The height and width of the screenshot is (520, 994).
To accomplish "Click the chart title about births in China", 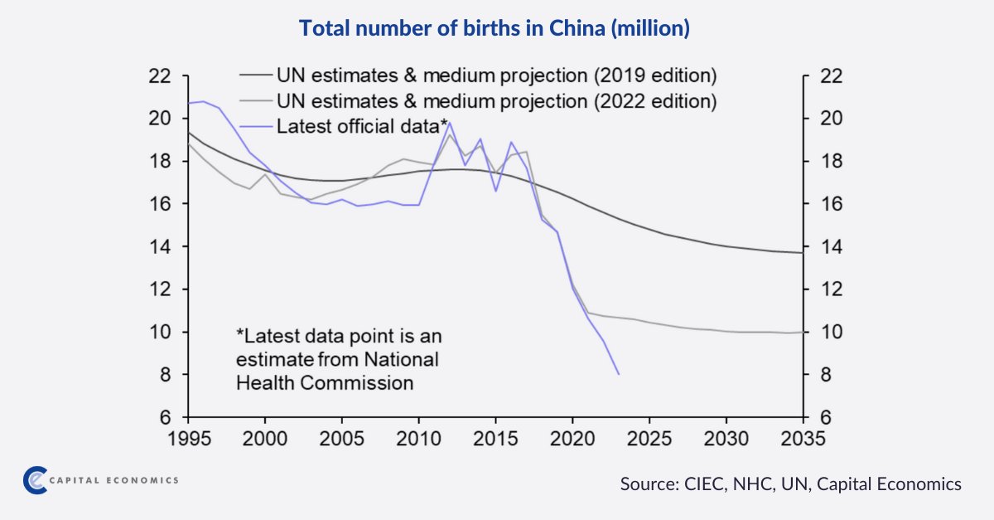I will [495, 29].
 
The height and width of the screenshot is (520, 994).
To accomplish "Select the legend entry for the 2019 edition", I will [496, 76].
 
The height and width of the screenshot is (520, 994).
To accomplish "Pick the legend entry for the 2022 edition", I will [496, 101].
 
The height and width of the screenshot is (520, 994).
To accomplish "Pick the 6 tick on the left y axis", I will [165, 418].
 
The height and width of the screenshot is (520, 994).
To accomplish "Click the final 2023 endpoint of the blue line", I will [619, 374].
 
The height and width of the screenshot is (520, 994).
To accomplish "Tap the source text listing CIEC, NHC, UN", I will [790, 484].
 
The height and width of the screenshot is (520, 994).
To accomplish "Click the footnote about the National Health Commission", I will [340, 360].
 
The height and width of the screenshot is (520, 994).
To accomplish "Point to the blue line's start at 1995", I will [189, 103].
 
